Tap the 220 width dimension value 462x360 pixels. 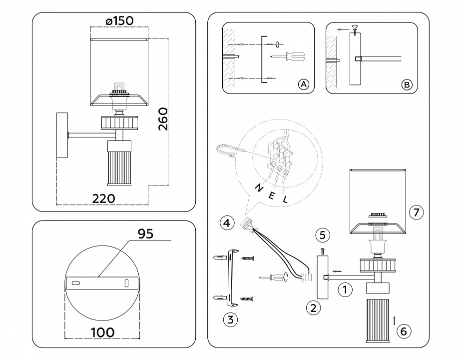pyautogui.click(x=104, y=198)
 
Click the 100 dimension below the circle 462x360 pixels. pyautogui.click(x=102, y=332)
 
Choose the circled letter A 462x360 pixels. pyautogui.click(x=303, y=84)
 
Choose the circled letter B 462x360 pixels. pyautogui.click(x=407, y=84)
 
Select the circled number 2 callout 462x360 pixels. pyautogui.click(x=313, y=307)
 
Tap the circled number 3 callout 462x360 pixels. pyautogui.click(x=229, y=319)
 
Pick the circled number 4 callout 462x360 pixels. pyautogui.click(x=227, y=221)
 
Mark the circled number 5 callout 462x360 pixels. pyautogui.click(x=323, y=234)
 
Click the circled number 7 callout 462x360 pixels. pyautogui.click(x=416, y=212)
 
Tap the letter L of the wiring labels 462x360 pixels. pyautogui.click(x=286, y=199)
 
